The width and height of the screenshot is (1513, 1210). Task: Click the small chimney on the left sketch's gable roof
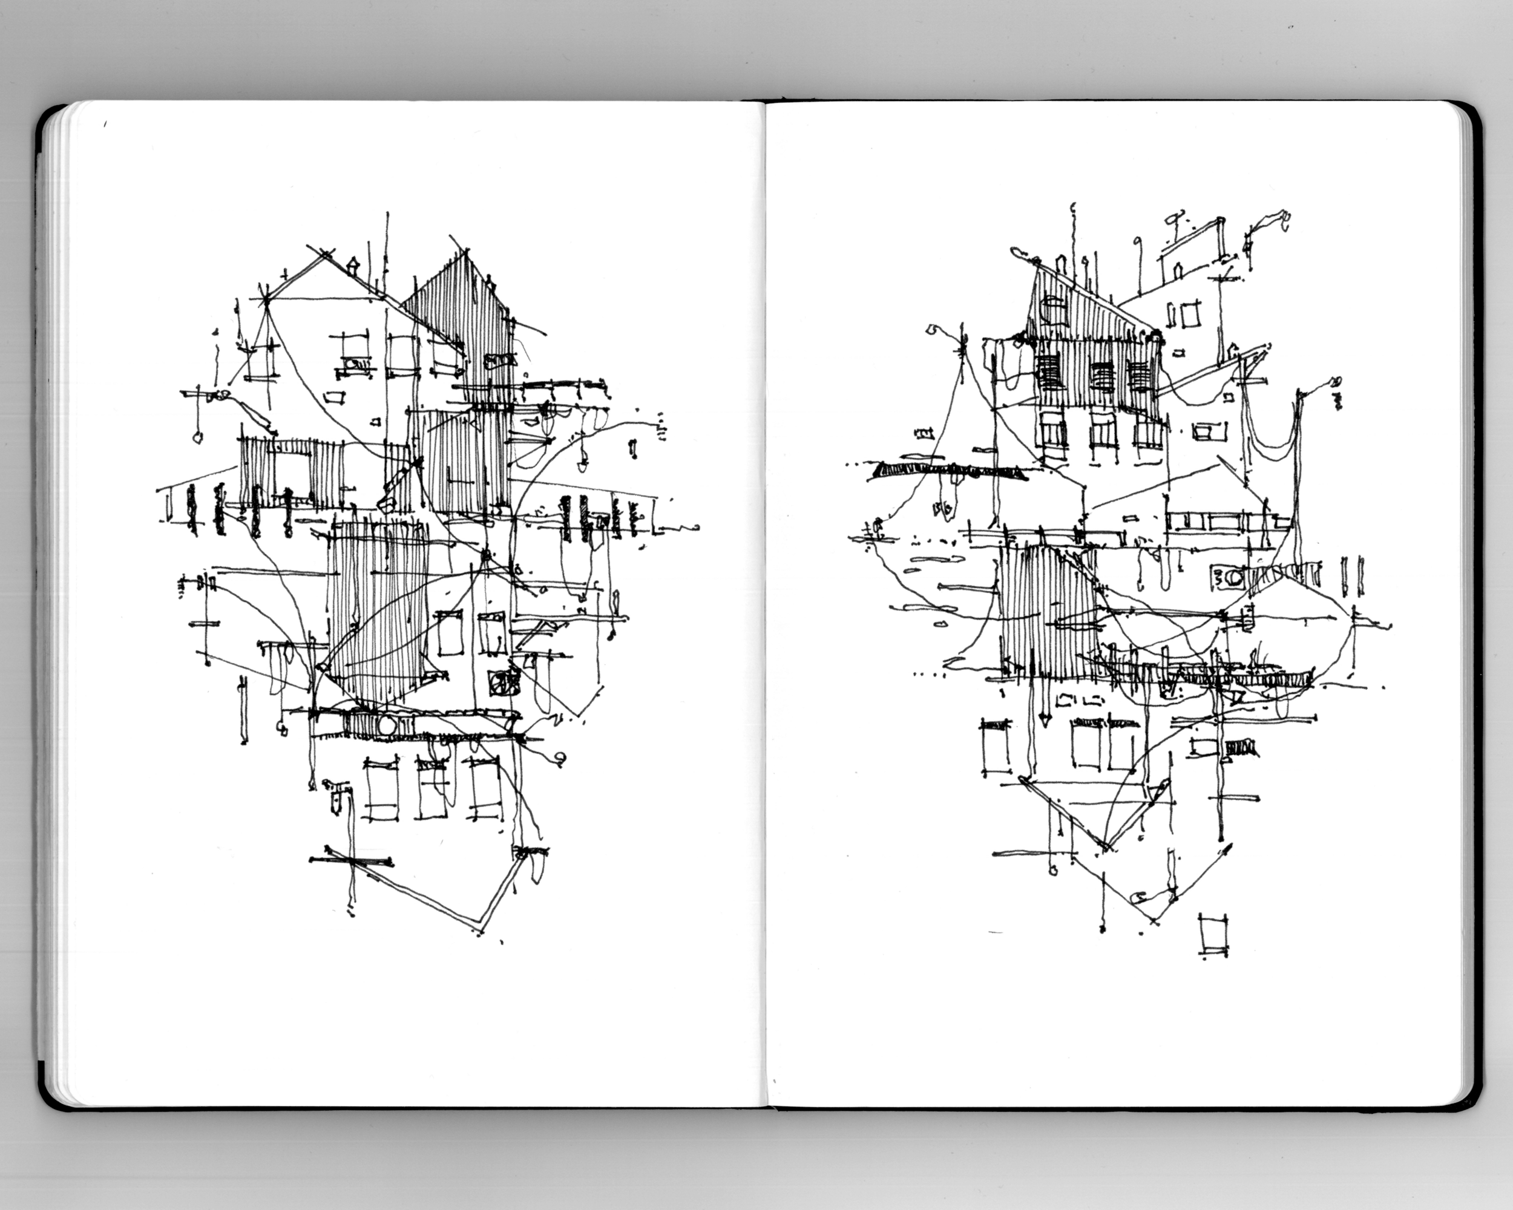353,265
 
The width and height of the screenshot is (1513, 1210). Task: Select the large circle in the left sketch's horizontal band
387,725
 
